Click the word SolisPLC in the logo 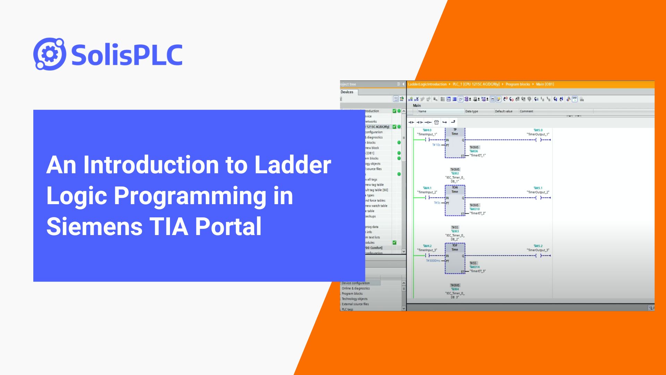point(127,55)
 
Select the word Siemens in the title point(94,226)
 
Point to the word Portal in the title point(228,226)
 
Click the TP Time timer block point(455,143)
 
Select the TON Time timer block point(455,200)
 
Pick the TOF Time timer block point(455,258)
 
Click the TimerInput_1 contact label point(427,134)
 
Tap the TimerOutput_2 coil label point(538,192)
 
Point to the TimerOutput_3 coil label point(538,250)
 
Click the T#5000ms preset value point(433,261)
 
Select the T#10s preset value point(436,145)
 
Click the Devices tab point(347,92)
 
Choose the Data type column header point(471,111)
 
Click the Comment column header point(526,111)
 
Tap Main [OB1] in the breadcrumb point(545,84)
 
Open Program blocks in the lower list point(352,294)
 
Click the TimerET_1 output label point(478,156)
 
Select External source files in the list point(355,304)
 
